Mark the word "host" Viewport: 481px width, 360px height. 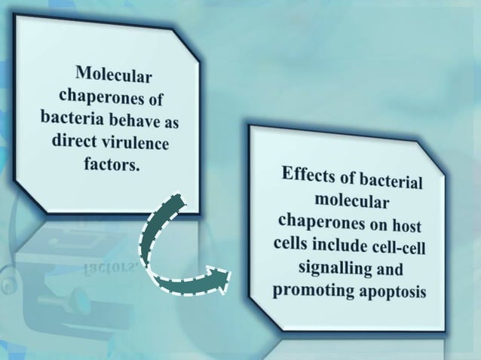pyautogui.click(x=404, y=226)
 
